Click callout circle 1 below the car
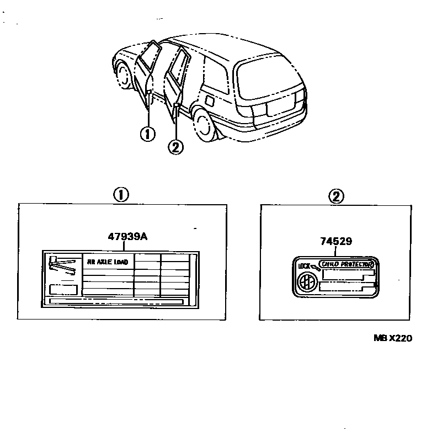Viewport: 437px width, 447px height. (148, 134)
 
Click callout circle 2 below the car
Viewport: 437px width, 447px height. (175, 147)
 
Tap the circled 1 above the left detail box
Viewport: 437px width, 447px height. (121, 194)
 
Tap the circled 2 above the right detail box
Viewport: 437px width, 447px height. (336, 195)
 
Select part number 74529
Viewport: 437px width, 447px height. (336, 241)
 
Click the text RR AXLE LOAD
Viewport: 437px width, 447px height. (108, 262)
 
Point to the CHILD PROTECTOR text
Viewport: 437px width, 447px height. (347, 264)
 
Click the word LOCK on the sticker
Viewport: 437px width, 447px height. (304, 266)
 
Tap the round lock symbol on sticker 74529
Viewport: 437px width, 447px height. (305, 282)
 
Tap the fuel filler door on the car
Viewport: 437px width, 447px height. (210, 102)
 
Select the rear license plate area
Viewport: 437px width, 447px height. (276, 109)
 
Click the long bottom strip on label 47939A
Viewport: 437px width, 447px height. (116, 301)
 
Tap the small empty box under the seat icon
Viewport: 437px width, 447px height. (63, 289)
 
